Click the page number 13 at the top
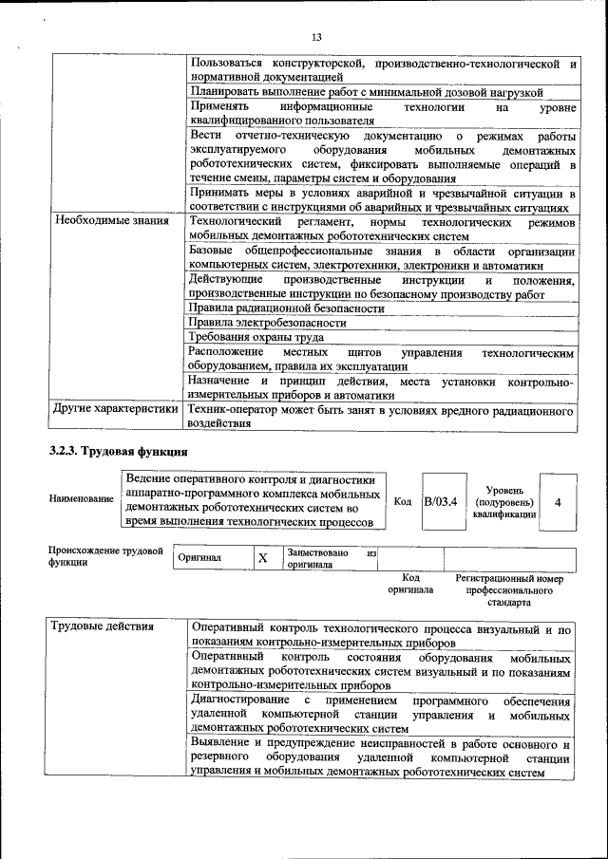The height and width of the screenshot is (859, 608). point(316,37)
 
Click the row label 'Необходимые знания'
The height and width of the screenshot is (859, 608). point(111,220)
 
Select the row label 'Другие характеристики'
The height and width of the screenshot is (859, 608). point(117,410)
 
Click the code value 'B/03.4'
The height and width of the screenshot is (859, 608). point(442,500)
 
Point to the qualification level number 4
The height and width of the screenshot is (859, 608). point(558,500)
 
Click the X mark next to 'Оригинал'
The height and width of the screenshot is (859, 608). point(262,558)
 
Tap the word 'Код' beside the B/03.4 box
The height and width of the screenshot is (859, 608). point(402,501)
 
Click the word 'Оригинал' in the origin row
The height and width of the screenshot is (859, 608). point(200,558)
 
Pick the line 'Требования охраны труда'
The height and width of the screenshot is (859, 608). point(256,336)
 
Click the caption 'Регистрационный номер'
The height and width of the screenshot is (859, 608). point(509,578)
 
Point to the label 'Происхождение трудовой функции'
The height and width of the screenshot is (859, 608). point(105,556)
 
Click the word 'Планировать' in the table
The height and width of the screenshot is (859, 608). point(226,92)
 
